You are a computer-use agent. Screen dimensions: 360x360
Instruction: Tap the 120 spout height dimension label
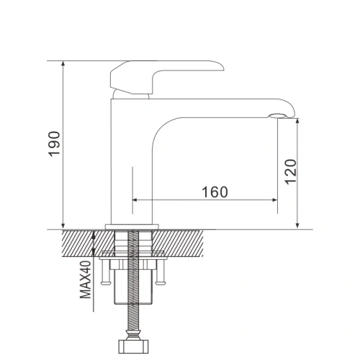[290, 171]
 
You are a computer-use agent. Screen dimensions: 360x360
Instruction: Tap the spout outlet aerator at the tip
[277, 116]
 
